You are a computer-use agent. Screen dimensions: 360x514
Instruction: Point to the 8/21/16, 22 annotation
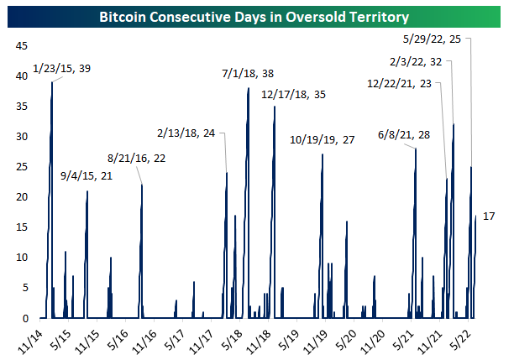click(x=136, y=157)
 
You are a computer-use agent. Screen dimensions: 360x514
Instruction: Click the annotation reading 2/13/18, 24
click(x=186, y=133)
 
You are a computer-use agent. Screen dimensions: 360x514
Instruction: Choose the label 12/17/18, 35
click(x=293, y=95)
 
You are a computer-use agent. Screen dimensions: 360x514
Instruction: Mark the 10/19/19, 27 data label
click(x=323, y=139)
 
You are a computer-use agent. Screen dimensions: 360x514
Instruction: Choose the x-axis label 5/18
click(x=233, y=340)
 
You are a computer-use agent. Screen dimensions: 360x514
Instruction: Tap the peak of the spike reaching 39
click(x=52, y=82)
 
